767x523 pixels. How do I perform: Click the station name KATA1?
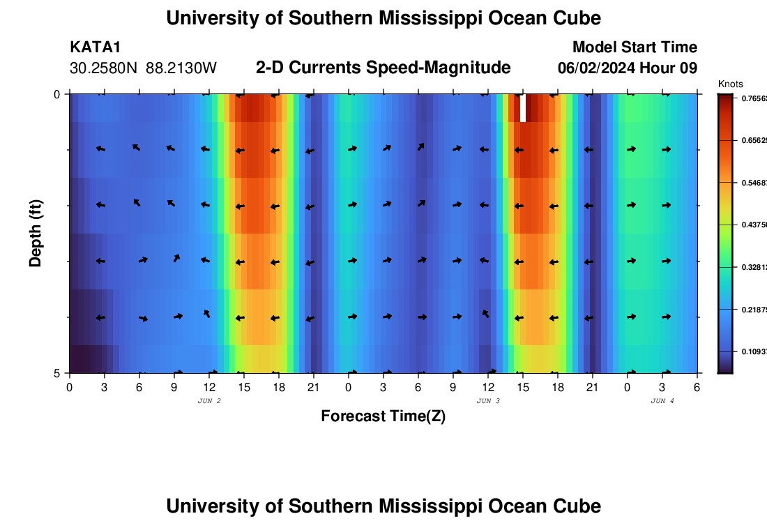coord(96,47)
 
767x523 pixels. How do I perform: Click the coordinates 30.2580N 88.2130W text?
coord(144,68)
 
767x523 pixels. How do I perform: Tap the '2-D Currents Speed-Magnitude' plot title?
coord(383,68)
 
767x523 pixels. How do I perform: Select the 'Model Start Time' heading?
coord(635,47)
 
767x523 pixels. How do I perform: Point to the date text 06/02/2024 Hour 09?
coord(628,68)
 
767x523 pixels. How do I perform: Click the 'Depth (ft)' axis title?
coord(36,233)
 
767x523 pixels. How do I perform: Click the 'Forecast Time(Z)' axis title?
coord(383,416)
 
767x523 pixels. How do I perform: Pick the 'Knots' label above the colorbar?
coord(730,84)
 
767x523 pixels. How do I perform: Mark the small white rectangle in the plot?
coord(523,108)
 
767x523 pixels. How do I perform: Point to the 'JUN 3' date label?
coord(488,401)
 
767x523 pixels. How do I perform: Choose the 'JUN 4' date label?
coord(662,401)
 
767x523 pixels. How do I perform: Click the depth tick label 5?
coord(57,373)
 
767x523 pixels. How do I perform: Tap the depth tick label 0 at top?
coord(57,94)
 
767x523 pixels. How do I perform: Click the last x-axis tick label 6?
coord(697,386)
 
